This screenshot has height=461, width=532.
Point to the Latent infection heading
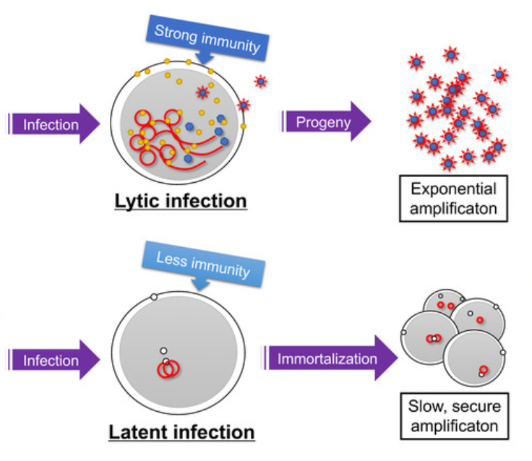[x=181, y=432]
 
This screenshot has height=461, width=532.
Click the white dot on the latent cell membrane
[x=153, y=297]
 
